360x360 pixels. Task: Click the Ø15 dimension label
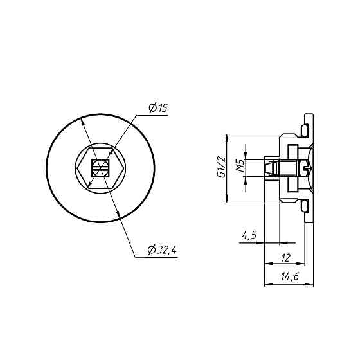point(158,108)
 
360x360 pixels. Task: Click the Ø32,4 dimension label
point(162,250)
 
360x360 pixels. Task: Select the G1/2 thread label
point(222,166)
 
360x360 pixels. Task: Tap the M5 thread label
point(240,166)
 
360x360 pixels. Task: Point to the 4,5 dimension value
point(249,235)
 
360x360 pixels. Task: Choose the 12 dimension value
point(286,258)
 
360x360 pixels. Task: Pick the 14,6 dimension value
point(290,276)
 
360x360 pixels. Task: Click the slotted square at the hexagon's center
point(100,168)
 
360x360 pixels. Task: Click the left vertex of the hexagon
point(77,168)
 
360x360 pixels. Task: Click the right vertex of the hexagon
point(124,168)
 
